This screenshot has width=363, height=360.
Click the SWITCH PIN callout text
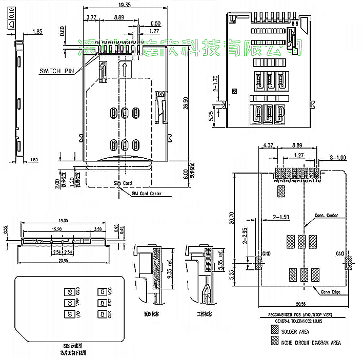tap(57, 71)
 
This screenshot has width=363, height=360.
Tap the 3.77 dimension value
tap(92, 17)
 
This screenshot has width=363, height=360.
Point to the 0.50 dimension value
tap(155, 24)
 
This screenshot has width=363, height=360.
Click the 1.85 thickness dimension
tap(37, 32)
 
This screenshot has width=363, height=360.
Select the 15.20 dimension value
tap(56, 229)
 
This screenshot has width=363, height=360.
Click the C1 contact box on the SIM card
tap(103, 292)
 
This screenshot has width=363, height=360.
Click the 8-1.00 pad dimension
tap(338, 158)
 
